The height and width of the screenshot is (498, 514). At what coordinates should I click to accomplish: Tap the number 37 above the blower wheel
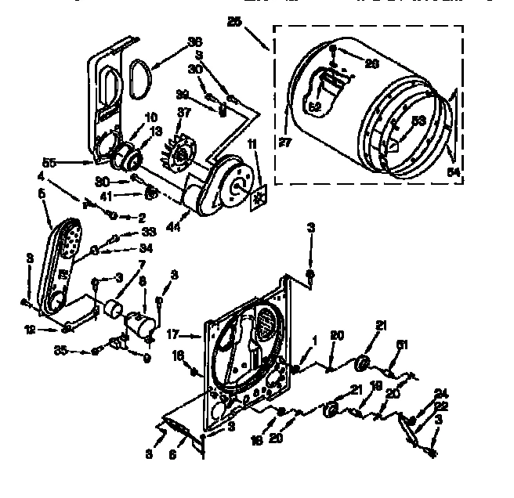[184, 114]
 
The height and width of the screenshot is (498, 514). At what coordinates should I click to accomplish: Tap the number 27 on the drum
[285, 143]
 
